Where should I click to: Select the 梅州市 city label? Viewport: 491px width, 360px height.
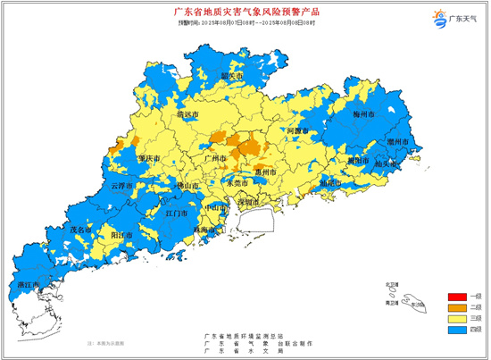tap(363, 116)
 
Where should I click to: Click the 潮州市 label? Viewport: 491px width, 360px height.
tap(397, 143)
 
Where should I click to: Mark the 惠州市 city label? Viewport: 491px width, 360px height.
tap(267, 172)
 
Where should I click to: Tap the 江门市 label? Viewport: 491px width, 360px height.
tap(176, 214)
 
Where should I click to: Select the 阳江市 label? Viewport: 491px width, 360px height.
tap(120, 234)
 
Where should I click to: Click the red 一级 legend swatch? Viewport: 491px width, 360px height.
tap(456, 296)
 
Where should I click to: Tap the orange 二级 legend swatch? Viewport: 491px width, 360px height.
tap(456, 307)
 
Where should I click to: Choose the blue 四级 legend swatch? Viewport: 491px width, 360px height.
tap(456, 331)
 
